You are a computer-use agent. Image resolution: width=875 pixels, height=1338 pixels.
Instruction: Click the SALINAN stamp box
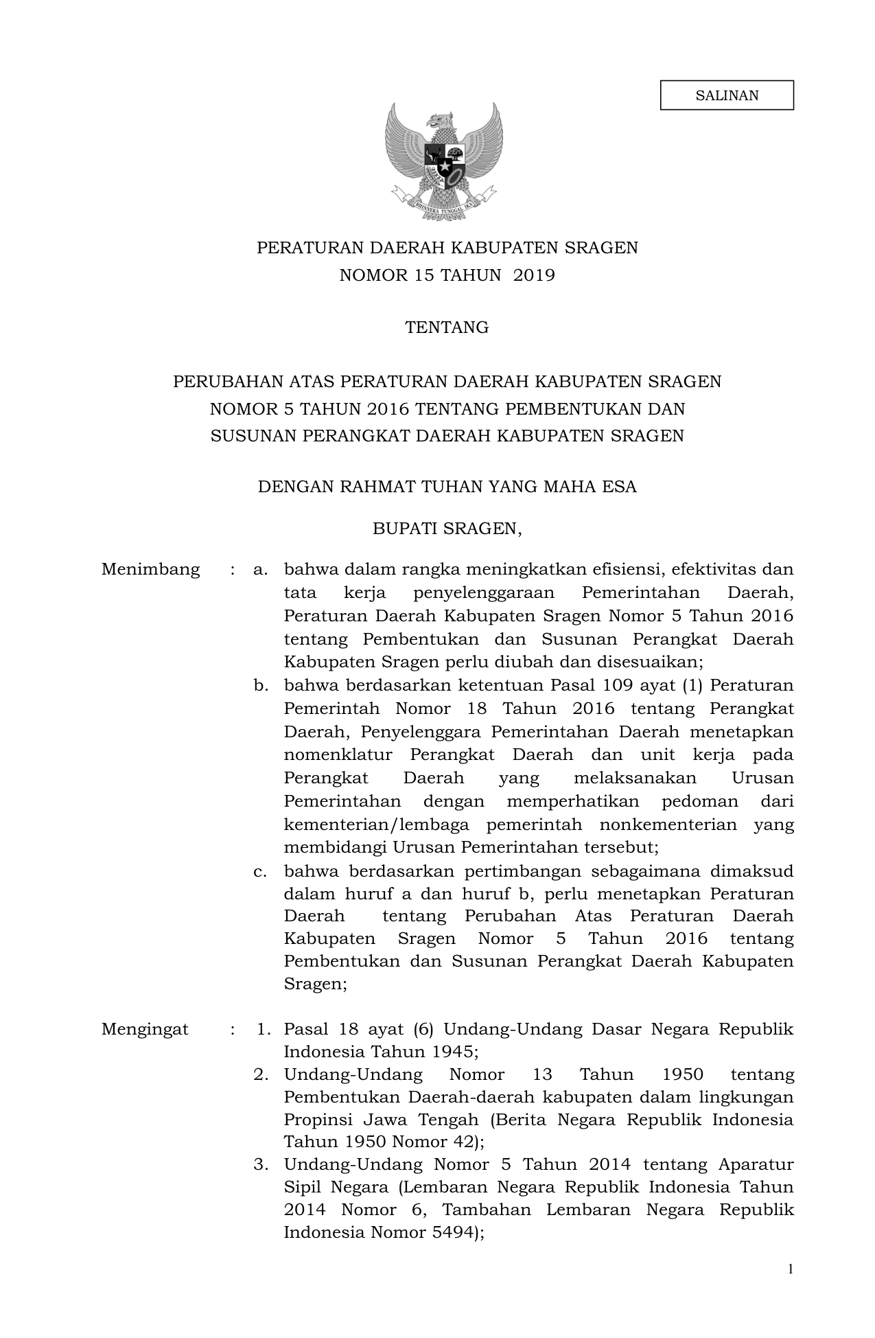[727, 95]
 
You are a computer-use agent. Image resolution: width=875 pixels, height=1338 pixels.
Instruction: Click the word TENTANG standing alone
[447, 327]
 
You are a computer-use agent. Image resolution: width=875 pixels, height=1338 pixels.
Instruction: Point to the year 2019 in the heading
[533, 275]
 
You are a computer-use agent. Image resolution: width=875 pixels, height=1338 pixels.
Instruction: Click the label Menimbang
[150, 569]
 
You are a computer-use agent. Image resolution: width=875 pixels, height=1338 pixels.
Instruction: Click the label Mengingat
[145, 1029]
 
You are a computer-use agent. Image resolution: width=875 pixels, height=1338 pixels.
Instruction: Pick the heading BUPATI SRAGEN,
[447, 529]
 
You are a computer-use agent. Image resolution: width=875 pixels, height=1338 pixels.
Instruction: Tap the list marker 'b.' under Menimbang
[260, 685]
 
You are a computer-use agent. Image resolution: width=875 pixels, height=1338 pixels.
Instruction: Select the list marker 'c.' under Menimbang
[260, 871]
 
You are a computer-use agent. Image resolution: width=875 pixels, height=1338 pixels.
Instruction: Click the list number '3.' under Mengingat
[261, 1164]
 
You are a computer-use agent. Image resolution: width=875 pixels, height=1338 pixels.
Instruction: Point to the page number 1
[790, 1269]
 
